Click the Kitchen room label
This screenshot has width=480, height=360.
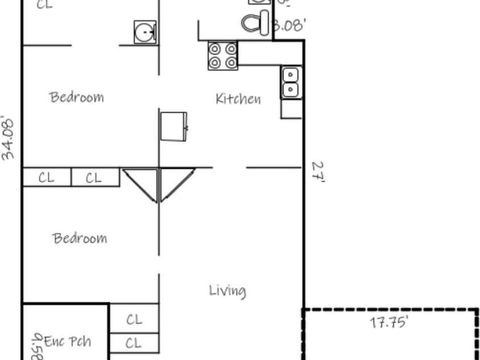(238, 99)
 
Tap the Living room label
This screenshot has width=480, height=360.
(227, 291)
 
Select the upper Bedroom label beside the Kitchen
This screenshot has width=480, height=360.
(77, 97)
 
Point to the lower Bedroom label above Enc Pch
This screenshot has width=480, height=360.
(80, 238)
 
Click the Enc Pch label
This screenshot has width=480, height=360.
(67, 342)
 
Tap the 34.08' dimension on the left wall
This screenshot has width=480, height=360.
(8, 138)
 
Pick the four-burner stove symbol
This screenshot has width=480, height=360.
(223, 56)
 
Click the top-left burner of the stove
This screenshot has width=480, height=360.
(215, 49)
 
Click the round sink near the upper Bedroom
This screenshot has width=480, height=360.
(145, 32)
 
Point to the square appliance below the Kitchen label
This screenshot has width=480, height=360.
(174, 126)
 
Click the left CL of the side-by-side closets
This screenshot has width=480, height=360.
(47, 178)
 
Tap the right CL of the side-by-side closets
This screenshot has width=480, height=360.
(94, 178)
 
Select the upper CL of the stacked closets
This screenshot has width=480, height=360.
(134, 320)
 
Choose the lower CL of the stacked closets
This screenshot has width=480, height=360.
(134, 343)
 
